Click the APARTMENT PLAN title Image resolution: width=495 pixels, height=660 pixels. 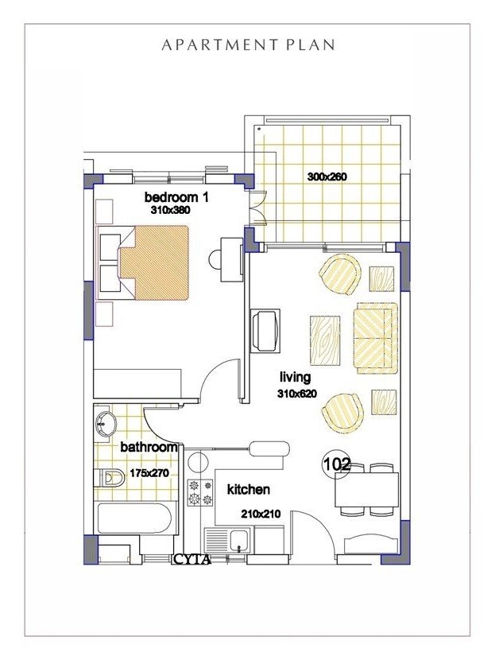(x=248, y=45)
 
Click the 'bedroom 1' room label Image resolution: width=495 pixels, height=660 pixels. (x=176, y=197)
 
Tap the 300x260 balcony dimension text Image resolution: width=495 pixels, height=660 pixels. (x=327, y=177)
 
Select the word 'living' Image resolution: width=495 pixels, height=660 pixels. (x=294, y=377)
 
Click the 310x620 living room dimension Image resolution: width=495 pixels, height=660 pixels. (x=298, y=394)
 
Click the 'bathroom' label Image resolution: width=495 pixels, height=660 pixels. (x=149, y=447)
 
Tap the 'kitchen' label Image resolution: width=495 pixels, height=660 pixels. (x=249, y=489)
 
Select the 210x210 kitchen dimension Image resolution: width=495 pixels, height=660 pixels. (x=261, y=514)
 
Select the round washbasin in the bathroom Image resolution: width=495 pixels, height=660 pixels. (x=103, y=422)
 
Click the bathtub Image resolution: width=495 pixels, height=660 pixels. (x=133, y=518)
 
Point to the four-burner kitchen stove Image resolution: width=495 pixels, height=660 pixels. (x=199, y=492)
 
